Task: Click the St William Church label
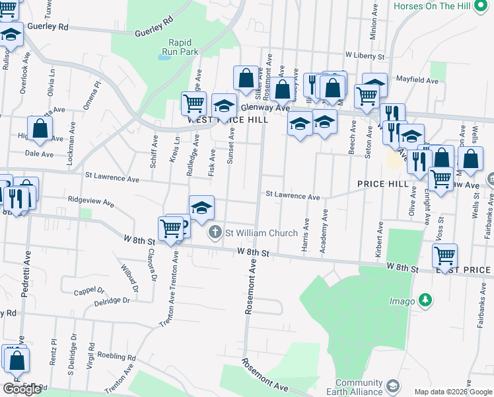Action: [262, 232]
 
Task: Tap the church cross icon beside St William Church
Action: [215, 232]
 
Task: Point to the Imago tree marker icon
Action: [426, 300]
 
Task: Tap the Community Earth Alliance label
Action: [359, 387]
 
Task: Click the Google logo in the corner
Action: [22, 389]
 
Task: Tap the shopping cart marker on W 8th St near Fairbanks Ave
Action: [445, 255]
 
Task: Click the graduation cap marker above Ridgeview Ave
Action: [201, 207]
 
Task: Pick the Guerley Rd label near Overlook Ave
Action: [50, 27]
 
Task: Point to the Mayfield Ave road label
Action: [417, 81]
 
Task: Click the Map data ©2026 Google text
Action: [453, 392]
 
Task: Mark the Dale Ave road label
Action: [38, 154]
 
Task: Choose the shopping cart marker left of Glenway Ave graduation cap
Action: [194, 103]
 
